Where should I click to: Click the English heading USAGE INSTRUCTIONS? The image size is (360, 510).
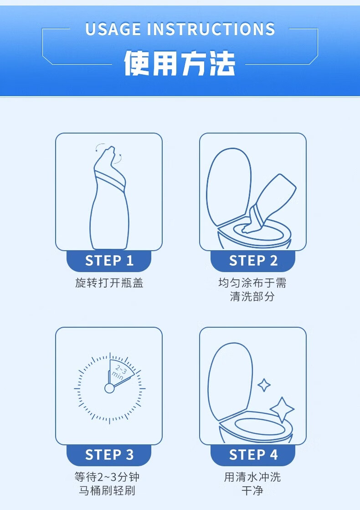(x=180, y=29)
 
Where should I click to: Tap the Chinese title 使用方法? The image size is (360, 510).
(x=179, y=63)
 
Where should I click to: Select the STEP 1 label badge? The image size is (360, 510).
(x=109, y=261)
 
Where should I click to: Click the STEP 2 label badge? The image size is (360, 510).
(x=253, y=261)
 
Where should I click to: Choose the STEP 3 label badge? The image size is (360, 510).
(x=109, y=455)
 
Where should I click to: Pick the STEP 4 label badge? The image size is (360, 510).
(x=253, y=455)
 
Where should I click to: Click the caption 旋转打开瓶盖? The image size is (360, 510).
(x=109, y=283)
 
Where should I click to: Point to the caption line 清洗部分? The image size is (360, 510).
(x=252, y=296)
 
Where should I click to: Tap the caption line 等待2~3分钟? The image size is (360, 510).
(x=108, y=477)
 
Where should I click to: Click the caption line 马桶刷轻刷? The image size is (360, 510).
(x=108, y=490)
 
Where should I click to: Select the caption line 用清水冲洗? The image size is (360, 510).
(x=252, y=477)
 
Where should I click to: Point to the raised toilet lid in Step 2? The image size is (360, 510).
(x=229, y=186)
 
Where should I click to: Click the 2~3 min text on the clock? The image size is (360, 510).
(x=120, y=373)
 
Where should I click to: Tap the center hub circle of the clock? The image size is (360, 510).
(x=109, y=388)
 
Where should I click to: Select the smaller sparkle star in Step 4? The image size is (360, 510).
(x=264, y=386)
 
